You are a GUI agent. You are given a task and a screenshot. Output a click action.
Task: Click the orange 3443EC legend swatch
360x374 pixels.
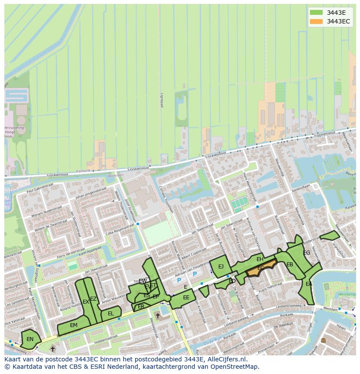(x=316, y=21)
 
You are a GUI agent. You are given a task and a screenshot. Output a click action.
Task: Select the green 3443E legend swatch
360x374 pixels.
(x=316, y=12)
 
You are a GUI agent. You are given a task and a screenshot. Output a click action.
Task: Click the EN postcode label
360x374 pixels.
(x=30, y=339)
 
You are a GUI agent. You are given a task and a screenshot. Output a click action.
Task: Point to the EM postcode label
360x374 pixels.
(x=73, y=325)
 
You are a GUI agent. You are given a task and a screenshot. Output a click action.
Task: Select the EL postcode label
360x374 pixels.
(x=111, y=314)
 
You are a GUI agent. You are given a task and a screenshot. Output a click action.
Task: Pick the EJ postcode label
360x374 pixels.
(x=221, y=267)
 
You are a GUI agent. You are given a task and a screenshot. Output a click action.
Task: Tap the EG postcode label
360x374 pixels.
(x=307, y=253)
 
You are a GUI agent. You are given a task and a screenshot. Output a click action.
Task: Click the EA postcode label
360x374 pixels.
(x=309, y=284)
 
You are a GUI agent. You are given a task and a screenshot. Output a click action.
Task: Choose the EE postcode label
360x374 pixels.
(x=186, y=298)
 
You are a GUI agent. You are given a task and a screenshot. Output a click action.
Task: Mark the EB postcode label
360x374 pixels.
(x=290, y=265)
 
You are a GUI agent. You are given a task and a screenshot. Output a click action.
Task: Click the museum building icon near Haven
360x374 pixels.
(x=323, y=340)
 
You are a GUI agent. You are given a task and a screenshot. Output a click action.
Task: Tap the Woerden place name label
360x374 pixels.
(x=116, y=175)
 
